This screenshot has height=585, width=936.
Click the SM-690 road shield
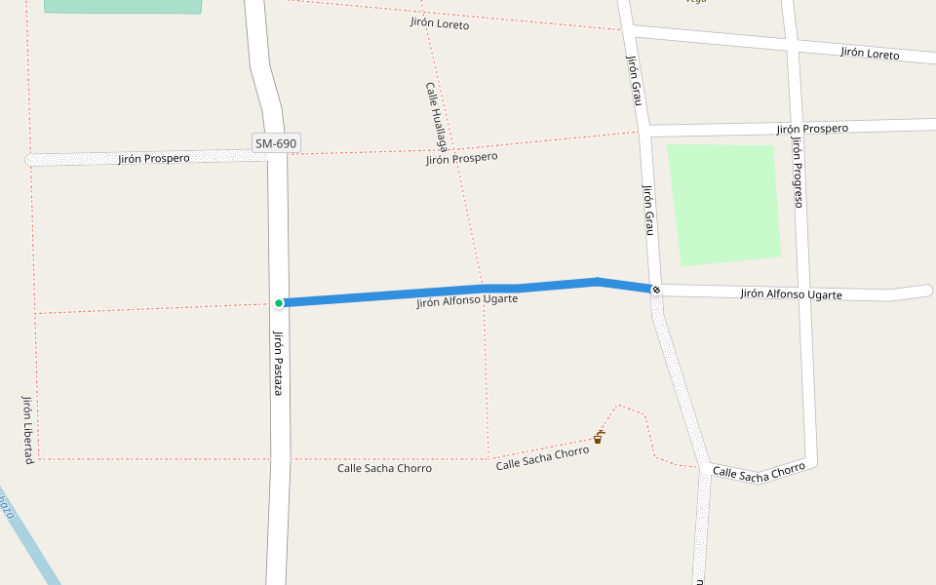(276, 143)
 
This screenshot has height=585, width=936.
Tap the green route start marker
(279, 303)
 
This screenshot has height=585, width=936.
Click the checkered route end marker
(656, 290)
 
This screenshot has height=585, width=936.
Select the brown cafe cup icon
(598, 438)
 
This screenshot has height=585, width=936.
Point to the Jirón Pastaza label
(278, 362)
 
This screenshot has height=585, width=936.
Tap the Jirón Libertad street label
(27, 429)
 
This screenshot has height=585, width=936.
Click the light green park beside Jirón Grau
(723, 203)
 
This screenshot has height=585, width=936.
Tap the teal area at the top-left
(123, 6)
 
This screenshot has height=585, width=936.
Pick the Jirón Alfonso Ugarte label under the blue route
(466, 301)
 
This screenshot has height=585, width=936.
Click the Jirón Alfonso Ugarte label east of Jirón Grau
(791, 293)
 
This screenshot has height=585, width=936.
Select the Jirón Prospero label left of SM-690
(154, 158)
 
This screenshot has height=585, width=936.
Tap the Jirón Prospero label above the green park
(812, 129)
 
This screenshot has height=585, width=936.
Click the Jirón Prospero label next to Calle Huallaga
(461, 158)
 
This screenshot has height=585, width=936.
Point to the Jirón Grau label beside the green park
(647, 209)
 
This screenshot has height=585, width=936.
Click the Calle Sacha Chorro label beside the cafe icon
(542, 458)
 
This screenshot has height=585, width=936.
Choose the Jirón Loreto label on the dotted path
(439, 23)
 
